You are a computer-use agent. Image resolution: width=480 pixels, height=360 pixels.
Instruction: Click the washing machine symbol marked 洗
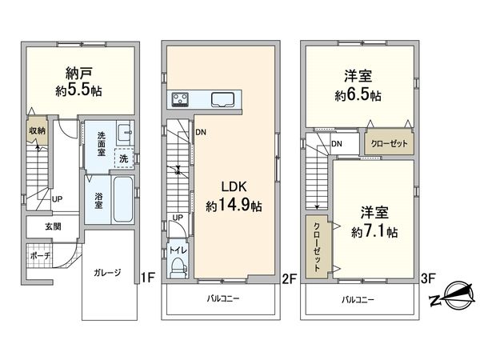click(123, 158)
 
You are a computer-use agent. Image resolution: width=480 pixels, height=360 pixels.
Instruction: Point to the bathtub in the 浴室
click(121, 194)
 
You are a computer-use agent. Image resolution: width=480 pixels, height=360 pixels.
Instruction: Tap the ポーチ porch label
click(39, 255)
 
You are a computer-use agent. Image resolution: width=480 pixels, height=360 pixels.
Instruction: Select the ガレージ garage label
click(106, 273)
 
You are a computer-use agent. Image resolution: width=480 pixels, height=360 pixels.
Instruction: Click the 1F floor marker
click(147, 278)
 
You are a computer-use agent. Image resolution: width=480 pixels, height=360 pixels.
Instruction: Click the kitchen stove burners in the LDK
click(179, 99)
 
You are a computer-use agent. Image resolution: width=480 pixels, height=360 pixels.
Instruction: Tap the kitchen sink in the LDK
click(221, 100)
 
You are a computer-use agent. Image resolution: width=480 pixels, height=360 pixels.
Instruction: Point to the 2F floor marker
click(289, 278)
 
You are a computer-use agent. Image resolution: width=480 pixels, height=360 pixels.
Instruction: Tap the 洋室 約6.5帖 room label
click(358, 86)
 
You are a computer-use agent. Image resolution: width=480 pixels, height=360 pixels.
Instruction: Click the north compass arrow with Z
click(450, 298)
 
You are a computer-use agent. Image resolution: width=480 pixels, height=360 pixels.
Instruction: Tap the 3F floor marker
click(428, 278)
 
